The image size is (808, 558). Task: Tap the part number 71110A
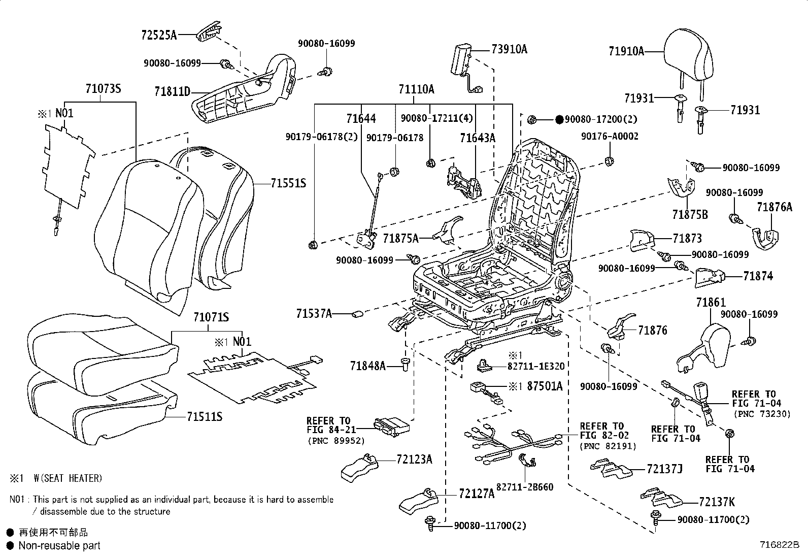pyautogui.click(x=416, y=90)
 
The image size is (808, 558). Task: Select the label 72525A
pyautogui.click(x=159, y=35)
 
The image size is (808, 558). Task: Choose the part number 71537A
pyautogui.click(x=314, y=314)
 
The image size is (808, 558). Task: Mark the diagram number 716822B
pyautogui.click(x=779, y=545)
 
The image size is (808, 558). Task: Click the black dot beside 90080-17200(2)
pyautogui.click(x=559, y=120)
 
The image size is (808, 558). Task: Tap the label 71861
pyautogui.click(x=711, y=303)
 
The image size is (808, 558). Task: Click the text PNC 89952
pyautogui.click(x=336, y=441)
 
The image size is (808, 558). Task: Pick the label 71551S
pyautogui.click(x=288, y=183)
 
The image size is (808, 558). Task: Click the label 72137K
pyautogui.click(x=716, y=502)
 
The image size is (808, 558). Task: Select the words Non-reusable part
pyautogui.click(x=59, y=546)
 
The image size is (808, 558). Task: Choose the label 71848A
pyautogui.click(x=367, y=366)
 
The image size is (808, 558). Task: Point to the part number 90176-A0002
pyautogui.click(x=610, y=137)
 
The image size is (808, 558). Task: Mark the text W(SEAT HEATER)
pyautogui.click(x=68, y=478)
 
